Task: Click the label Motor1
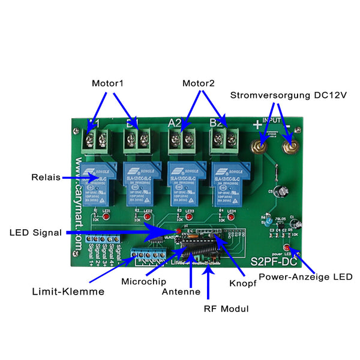(x=107, y=83)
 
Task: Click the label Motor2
(x=199, y=83)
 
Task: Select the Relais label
(x=46, y=178)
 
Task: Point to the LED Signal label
(x=35, y=232)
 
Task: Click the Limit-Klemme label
(x=68, y=292)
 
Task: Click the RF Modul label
(x=226, y=308)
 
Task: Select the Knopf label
(x=243, y=283)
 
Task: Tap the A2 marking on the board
(x=175, y=124)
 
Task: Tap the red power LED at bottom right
(x=287, y=248)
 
